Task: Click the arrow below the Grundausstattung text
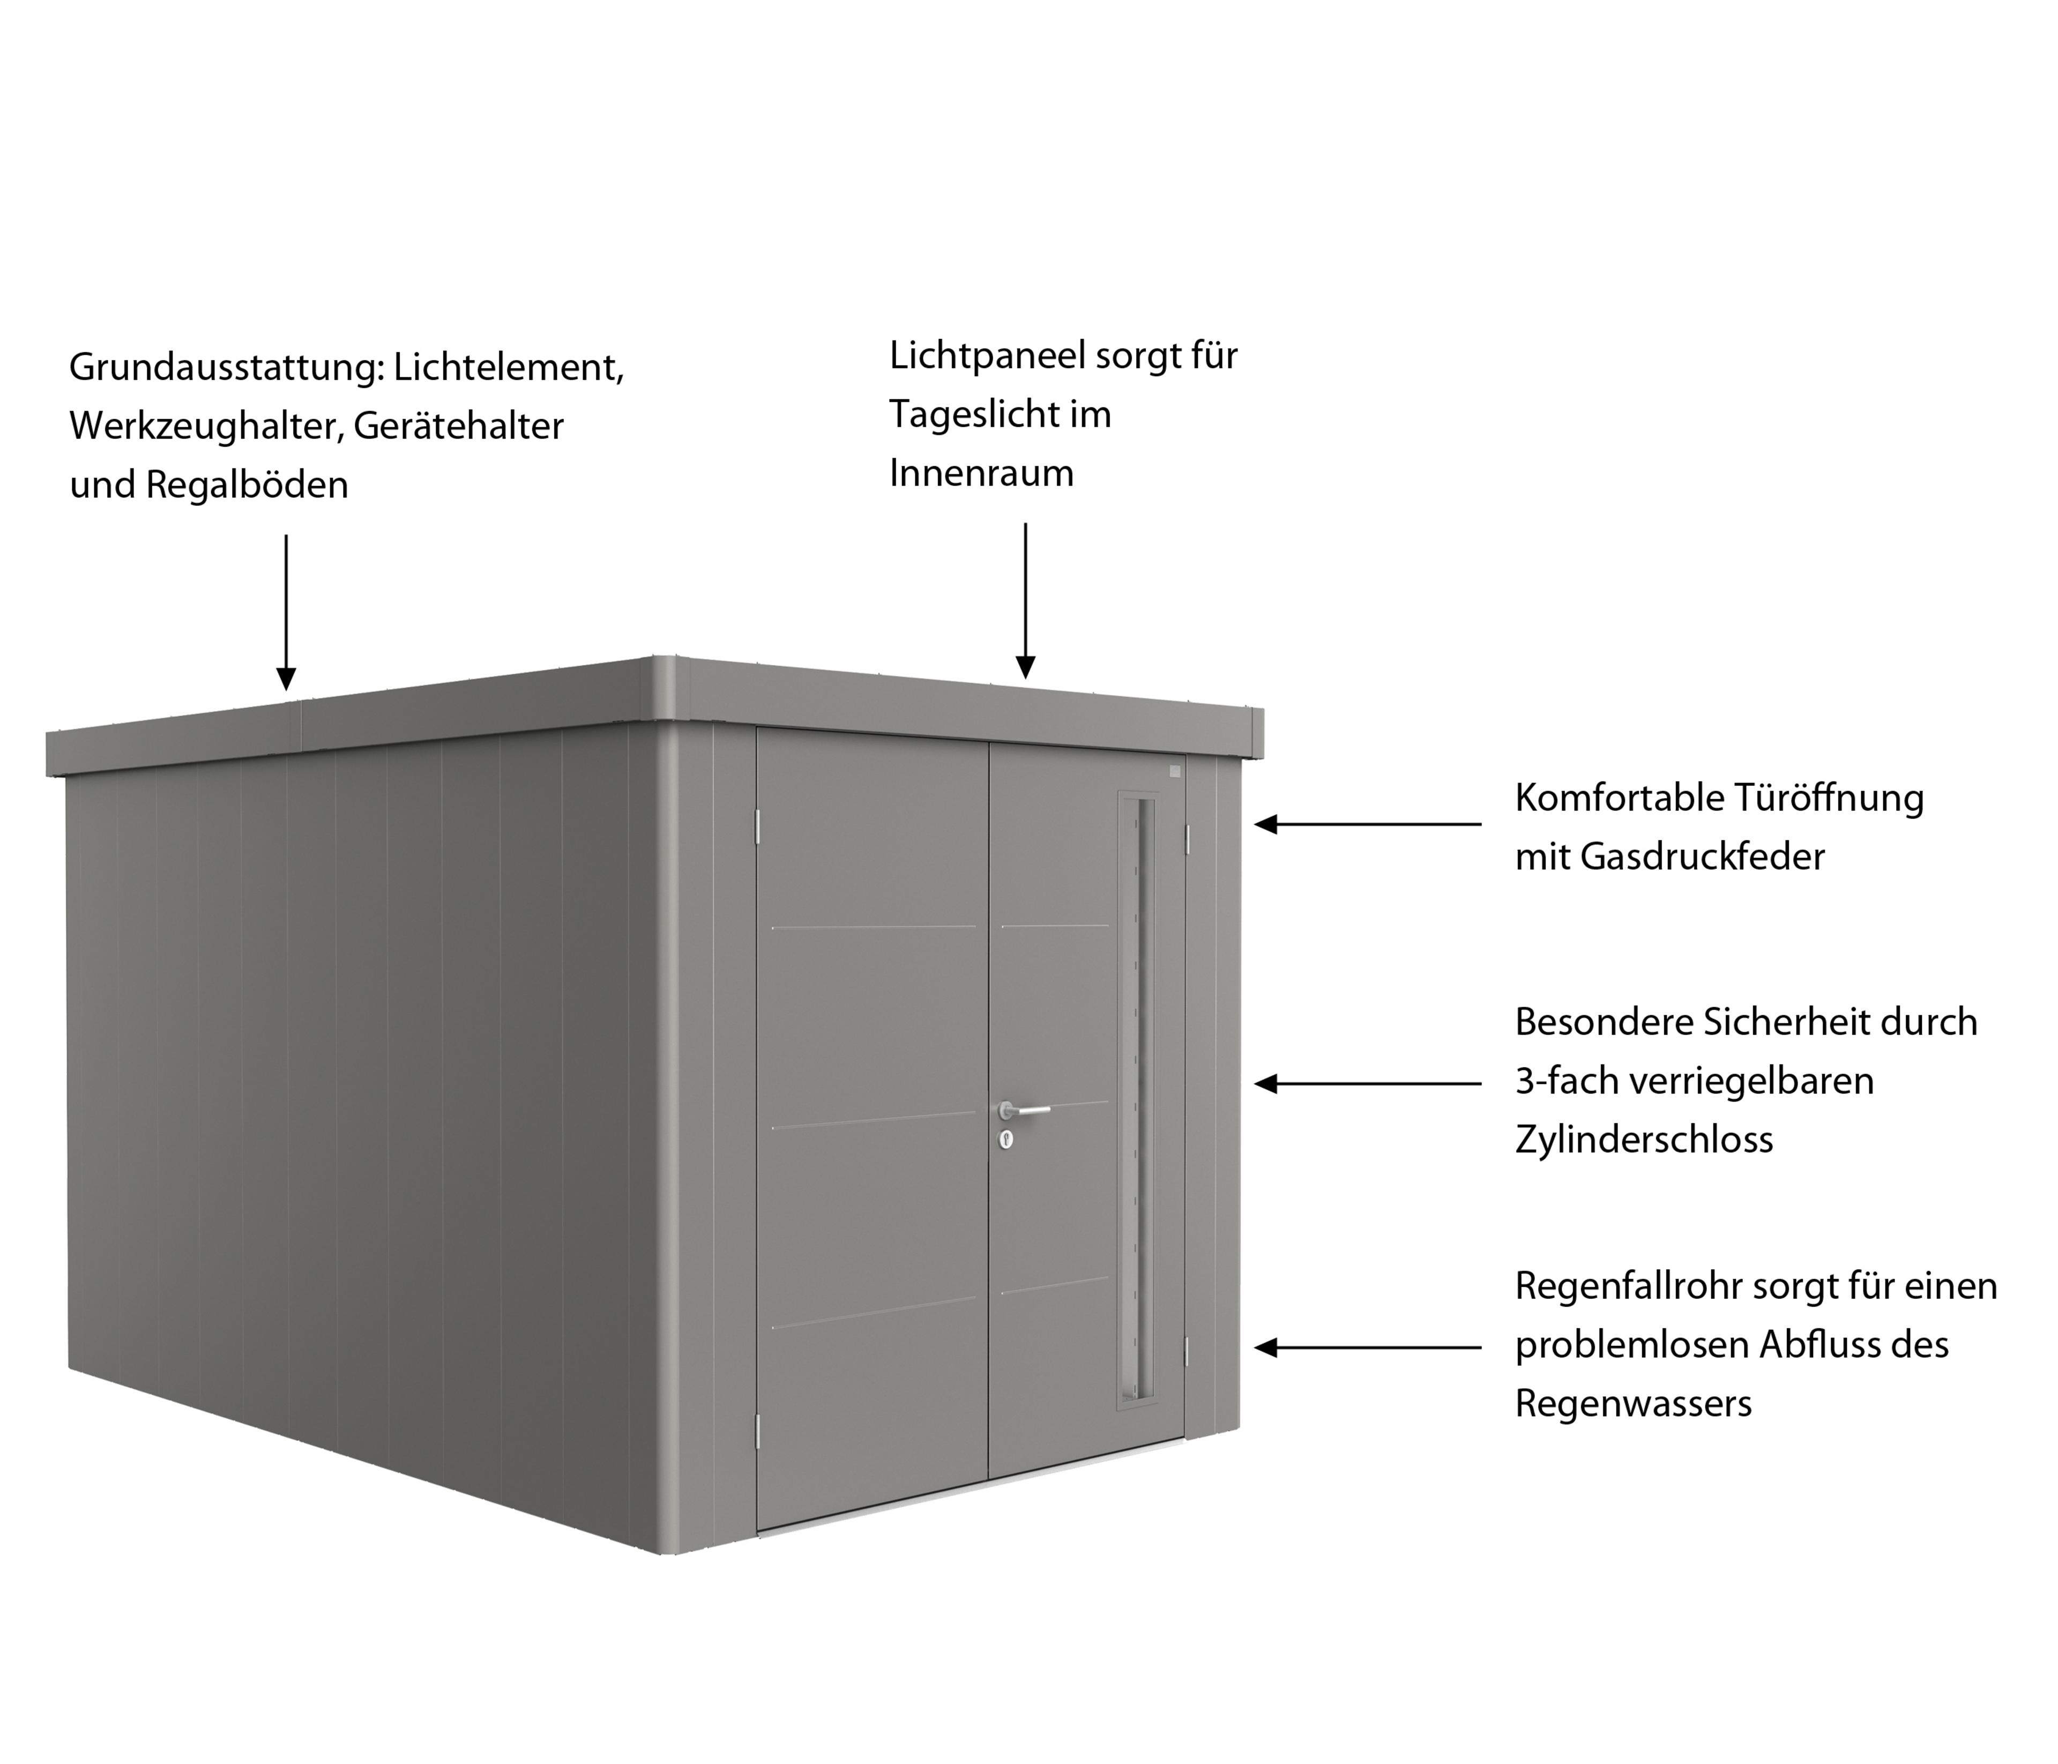pos(286,612)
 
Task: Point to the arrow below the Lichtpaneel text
pos(1025,601)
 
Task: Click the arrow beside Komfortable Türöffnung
pos(1368,823)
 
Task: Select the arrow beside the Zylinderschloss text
pos(1368,1084)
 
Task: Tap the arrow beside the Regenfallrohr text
pos(1368,1348)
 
